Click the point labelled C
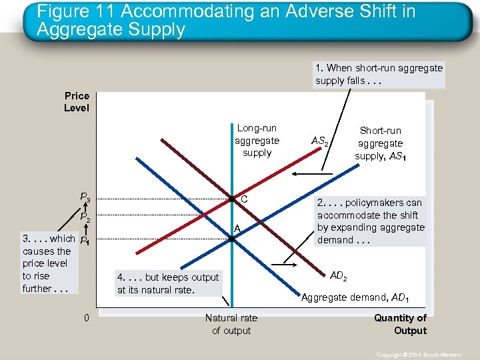pyautogui.click(x=230, y=199)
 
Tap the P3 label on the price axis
pyautogui.click(x=85, y=197)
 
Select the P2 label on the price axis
pyautogui.click(x=85, y=217)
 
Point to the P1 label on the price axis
pyautogui.click(x=85, y=241)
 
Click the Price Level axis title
pyautogui.click(x=77, y=101)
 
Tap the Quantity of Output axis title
pyautogui.click(x=400, y=324)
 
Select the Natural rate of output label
pyautogui.click(x=231, y=324)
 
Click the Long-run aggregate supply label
pyautogui.click(x=257, y=140)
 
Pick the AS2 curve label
pyautogui.click(x=321, y=141)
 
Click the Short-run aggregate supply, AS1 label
pyautogui.click(x=380, y=143)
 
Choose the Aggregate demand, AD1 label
pyautogui.click(x=355, y=297)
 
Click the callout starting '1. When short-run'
pyautogui.click(x=379, y=74)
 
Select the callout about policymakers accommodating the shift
pyautogui.click(x=370, y=221)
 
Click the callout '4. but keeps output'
pyautogui.click(x=167, y=283)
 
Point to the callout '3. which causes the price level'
pyautogui.click(x=47, y=263)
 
